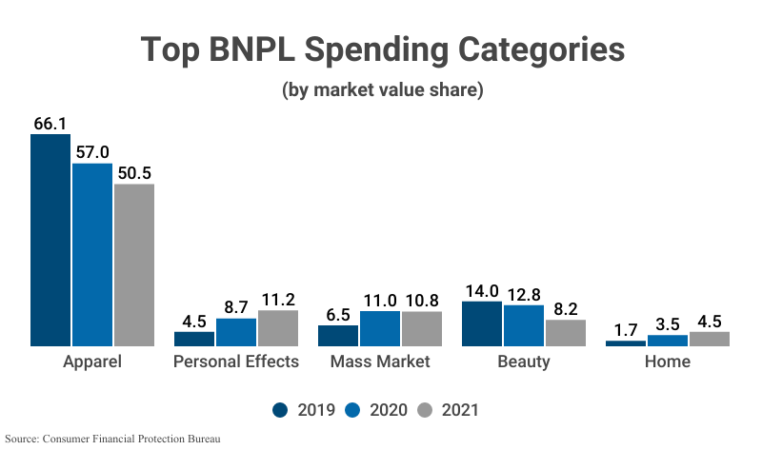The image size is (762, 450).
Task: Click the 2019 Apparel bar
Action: [50, 240]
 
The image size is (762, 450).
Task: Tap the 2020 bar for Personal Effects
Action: [236, 332]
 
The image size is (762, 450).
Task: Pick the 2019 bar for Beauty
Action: [482, 323]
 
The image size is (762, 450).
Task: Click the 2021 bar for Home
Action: [709, 339]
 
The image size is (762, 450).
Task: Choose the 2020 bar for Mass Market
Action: [380, 328]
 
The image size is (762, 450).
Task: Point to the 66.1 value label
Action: [50, 124]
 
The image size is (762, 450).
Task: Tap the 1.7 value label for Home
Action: [625, 330]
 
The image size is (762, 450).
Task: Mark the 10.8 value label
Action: [421, 301]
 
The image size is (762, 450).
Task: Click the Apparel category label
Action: [92, 362]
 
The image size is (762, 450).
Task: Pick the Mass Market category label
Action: [380, 362]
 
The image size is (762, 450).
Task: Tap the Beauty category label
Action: [524, 362]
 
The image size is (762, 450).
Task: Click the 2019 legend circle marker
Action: [280, 410]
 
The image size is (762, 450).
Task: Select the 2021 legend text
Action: [460, 410]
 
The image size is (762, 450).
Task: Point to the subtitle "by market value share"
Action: [382, 91]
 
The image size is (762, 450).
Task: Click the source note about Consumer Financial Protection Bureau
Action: [111, 440]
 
